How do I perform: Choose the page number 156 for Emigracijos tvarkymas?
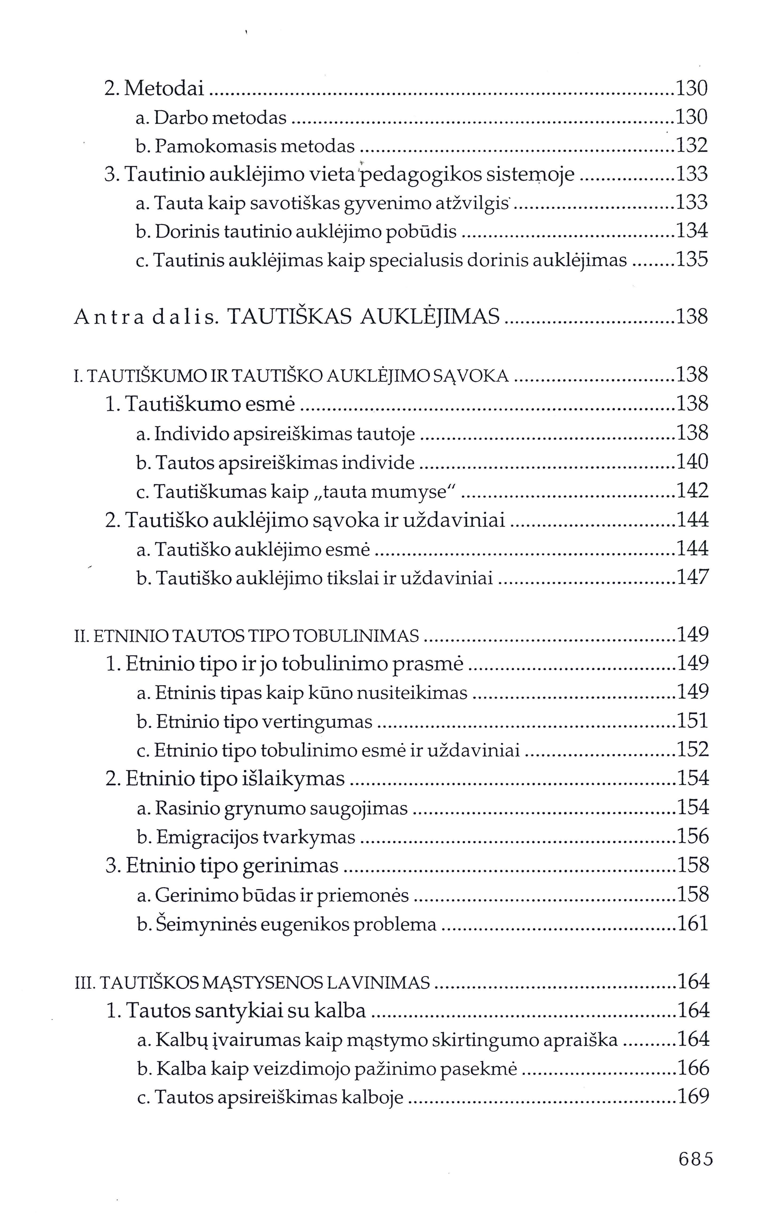[x=693, y=836]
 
